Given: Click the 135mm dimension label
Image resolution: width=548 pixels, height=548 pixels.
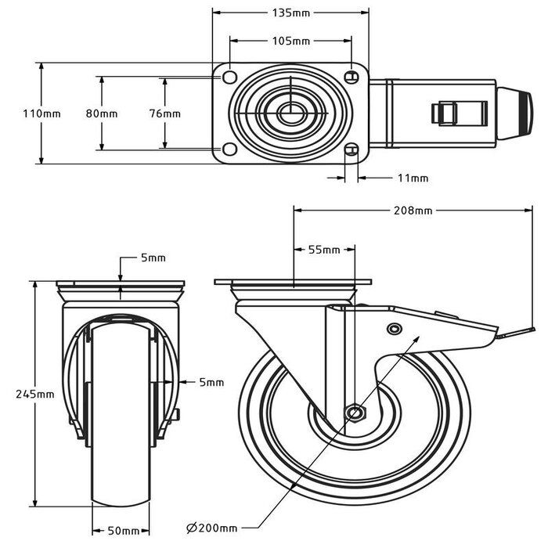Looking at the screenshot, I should coord(290,13).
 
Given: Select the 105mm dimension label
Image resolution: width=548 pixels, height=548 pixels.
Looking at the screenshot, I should coord(290,41).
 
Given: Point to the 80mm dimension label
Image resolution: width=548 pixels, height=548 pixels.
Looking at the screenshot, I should coord(102,114).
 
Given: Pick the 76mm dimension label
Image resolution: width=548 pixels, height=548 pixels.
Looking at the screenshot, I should coord(164,114).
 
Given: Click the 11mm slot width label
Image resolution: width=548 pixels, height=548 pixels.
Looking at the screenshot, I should coord(413,178).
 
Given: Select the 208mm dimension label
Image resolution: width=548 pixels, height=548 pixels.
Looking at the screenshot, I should coord(413,210).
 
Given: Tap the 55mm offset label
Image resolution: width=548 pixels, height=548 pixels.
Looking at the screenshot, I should coord(323,250).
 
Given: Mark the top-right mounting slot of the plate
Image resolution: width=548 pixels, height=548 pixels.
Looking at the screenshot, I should coord(352,77).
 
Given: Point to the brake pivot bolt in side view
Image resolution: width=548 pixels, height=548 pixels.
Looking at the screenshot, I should coord(395,328).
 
